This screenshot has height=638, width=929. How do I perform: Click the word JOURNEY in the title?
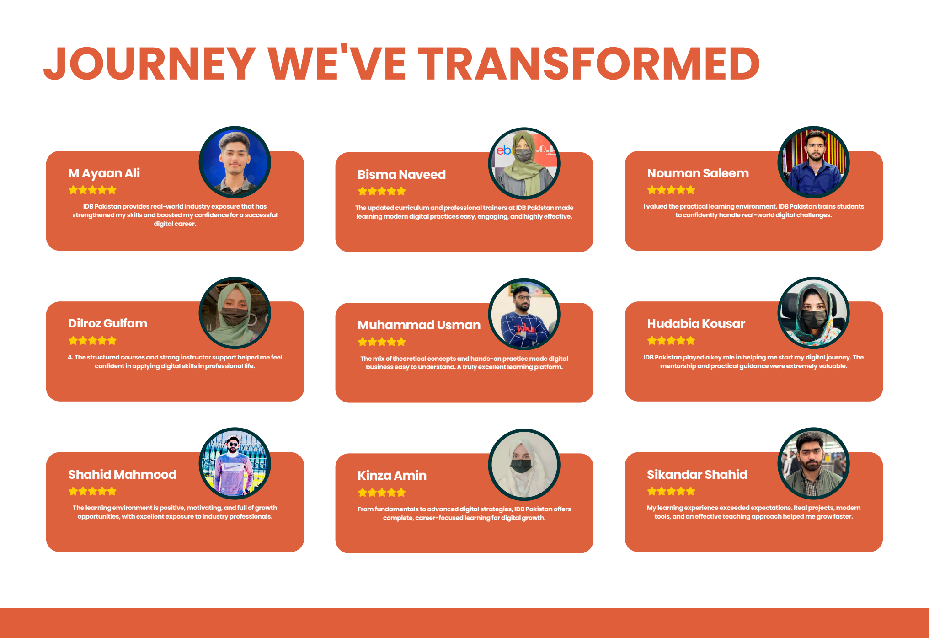[x=149, y=64]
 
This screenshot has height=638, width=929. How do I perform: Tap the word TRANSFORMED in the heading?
[x=589, y=64]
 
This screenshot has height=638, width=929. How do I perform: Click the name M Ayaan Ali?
[x=104, y=173]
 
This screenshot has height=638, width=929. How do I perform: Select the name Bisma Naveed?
[x=401, y=175]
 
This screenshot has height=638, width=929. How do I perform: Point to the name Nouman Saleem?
[x=698, y=173]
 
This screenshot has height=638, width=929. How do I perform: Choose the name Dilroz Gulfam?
[x=108, y=323]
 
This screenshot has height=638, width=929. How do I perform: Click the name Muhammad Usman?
[x=419, y=325]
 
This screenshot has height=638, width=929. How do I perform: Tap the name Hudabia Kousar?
[x=696, y=324]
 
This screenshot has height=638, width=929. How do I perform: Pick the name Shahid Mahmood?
[x=123, y=475]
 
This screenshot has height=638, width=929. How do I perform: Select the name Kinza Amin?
[x=392, y=476]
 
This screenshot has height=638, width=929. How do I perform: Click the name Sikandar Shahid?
[x=697, y=475]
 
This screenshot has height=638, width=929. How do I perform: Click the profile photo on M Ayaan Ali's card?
[x=235, y=162]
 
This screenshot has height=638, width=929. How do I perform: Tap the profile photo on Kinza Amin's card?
[x=524, y=465]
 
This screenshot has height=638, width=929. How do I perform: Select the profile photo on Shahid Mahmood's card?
[x=235, y=463]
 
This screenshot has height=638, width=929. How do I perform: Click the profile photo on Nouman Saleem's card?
[x=814, y=162]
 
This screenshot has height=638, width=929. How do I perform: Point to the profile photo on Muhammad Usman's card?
[x=524, y=314]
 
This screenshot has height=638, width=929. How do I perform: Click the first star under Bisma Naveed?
[x=363, y=191]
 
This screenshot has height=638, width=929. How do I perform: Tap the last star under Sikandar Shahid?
[x=690, y=491]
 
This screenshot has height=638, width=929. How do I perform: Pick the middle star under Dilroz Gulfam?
[x=92, y=340]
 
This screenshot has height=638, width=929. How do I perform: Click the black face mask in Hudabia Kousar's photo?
[x=814, y=318]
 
